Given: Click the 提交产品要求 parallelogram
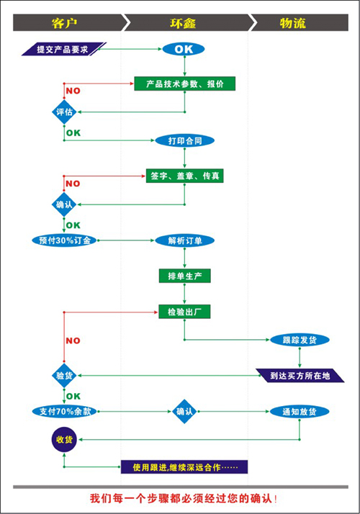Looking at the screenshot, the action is [x=63, y=49].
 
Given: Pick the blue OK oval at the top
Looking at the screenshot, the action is [x=184, y=49].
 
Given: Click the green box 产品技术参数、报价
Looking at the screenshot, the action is [x=184, y=84].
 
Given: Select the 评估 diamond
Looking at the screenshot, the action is [x=64, y=112].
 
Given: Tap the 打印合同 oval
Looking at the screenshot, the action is [x=184, y=140].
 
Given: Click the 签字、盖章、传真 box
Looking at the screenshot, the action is [x=184, y=176].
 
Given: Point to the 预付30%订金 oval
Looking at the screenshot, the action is [x=65, y=240].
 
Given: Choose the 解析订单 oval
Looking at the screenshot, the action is [x=184, y=240].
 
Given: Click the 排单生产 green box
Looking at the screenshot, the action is [x=184, y=276].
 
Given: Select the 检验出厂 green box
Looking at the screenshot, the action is [x=184, y=312].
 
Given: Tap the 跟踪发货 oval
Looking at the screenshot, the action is [x=300, y=340].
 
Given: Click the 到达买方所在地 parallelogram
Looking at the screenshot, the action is [x=300, y=376].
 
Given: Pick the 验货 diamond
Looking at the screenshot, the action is [x=64, y=376].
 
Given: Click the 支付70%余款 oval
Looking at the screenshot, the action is [x=65, y=411].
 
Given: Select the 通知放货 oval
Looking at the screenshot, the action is [x=300, y=411].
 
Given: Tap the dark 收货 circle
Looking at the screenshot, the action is [x=64, y=440].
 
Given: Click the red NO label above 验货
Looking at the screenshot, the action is [x=73, y=341].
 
